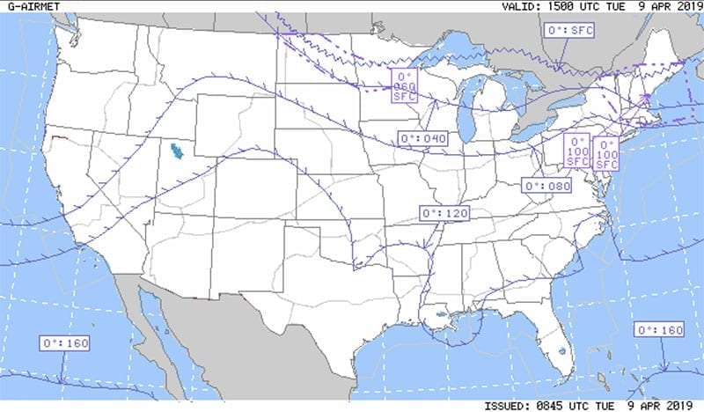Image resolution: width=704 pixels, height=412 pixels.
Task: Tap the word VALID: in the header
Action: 520,6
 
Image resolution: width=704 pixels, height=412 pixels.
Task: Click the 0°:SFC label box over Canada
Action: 571,31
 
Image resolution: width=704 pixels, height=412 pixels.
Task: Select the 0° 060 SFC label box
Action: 404,85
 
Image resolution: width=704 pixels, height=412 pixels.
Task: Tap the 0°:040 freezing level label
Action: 422,138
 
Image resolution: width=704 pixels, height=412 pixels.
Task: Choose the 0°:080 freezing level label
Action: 546,186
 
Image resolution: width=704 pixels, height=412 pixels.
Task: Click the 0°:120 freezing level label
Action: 444,213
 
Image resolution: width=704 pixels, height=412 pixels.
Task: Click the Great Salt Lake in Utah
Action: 176,151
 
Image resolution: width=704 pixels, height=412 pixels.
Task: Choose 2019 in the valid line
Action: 685,6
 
